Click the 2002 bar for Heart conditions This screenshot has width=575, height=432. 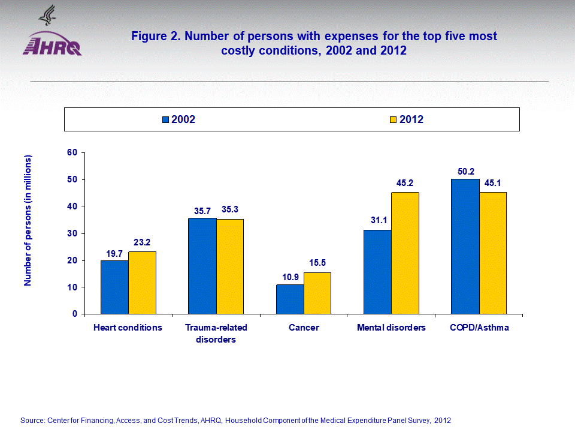point(114,287)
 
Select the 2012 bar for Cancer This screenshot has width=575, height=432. point(317,293)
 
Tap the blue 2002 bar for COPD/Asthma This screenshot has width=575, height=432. point(465,246)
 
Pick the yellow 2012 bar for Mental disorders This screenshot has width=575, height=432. point(405,253)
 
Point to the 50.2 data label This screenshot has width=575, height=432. point(465,171)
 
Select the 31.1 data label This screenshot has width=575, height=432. point(378,221)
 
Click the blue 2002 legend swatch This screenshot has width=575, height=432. point(166,119)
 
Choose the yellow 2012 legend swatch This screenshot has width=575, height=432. point(394,119)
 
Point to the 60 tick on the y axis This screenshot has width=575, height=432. point(72,152)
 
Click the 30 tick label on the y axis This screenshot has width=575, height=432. point(72,233)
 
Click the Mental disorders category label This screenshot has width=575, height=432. point(391,328)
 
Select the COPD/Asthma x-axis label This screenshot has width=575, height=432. point(479,328)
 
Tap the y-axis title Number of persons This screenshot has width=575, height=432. point(28,220)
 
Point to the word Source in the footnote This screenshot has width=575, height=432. point(32,420)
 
